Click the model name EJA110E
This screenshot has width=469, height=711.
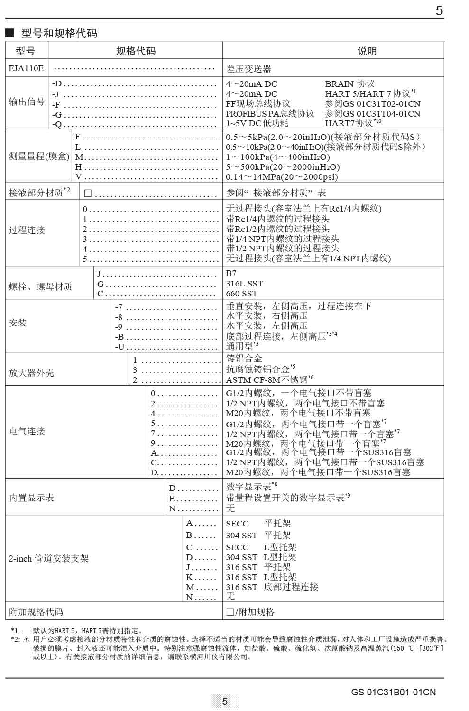point(26,68)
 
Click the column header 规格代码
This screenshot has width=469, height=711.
point(136,51)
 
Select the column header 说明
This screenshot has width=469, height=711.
point(367,51)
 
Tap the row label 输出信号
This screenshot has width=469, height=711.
point(27,102)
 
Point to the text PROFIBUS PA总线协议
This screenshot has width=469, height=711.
point(270,113)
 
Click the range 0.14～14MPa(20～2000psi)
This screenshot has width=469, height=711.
point(282,177)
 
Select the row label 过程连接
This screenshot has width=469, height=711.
point(27,231)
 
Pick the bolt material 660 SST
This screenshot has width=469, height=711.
point(241,294)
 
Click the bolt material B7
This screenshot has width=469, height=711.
point(231,274)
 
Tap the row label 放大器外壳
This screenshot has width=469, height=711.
point(31,373)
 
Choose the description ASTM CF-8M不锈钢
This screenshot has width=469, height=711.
point(269,379)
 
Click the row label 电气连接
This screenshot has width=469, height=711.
point(27,431)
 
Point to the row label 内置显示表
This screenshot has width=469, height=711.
point(31,498)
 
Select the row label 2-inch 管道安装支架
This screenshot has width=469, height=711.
point(48,558)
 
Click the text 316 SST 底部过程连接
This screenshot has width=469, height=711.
point(272,587)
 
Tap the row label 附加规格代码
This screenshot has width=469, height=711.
point(36,612)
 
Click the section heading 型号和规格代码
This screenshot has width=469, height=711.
point(59,33)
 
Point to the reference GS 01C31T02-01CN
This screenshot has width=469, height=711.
point(373,104)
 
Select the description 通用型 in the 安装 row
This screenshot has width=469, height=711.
point(242,346)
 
